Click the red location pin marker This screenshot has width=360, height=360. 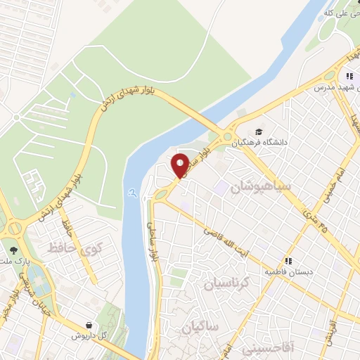180,165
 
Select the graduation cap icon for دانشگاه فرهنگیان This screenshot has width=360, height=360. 259,131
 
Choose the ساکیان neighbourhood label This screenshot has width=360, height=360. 200,328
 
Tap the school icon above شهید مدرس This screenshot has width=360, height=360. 349,76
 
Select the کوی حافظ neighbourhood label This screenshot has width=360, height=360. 75,247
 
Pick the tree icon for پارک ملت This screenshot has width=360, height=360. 13,250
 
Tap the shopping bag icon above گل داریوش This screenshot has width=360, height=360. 89,325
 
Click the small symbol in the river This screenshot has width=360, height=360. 131,192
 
